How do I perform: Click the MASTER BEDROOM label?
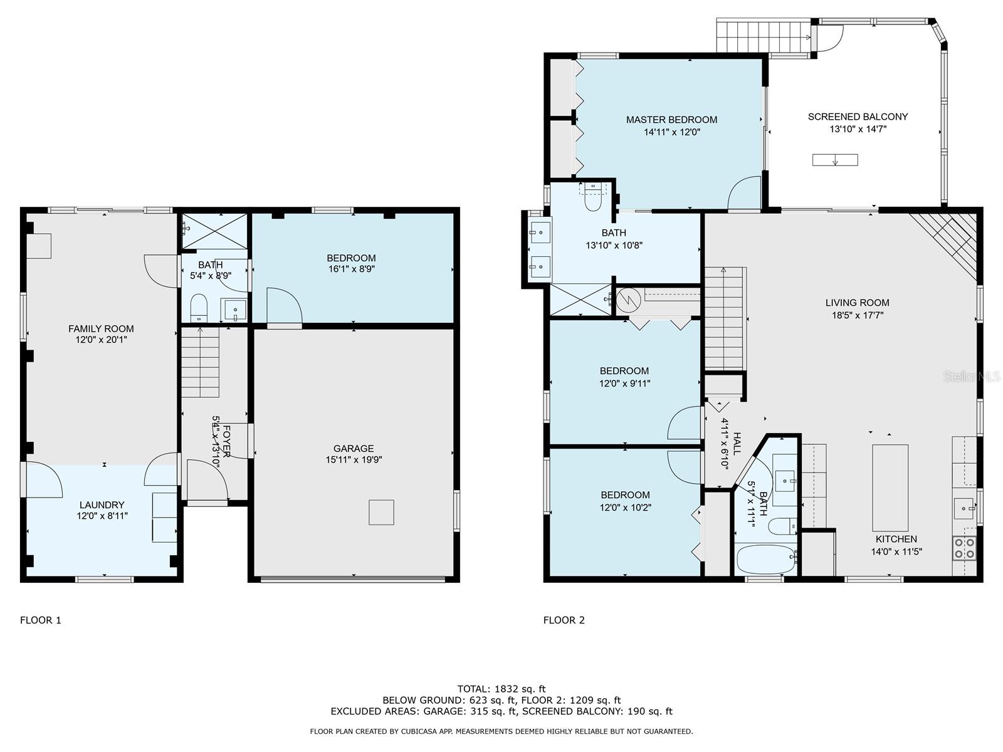click(x=671, y=120)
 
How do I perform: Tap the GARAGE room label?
click(x=353, y=448)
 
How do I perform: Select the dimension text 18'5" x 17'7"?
click(x=857, y=315)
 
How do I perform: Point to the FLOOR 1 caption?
click(x=40, y=620)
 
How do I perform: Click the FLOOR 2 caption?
click(x=564, y=620)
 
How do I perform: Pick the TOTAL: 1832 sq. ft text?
click(x=501, y=689)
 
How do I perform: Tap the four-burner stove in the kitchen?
click(x=964, y=548)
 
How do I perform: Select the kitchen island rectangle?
click(x=890, y=487)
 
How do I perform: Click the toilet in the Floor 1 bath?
click(x=199, y=308)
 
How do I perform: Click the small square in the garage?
click(x=381, y=512)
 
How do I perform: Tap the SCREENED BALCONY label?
click(x=858, y=117)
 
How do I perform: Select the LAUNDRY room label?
click(x=102, y=504)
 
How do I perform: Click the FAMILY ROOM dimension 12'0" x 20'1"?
click(x=101, y=340)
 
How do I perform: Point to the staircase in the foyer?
click(x=200, y=362)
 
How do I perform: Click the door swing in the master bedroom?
click(x=744, y=192)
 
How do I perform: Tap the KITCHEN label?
click(x=896, y=539)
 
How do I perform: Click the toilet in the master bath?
click(x=592, y=199)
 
